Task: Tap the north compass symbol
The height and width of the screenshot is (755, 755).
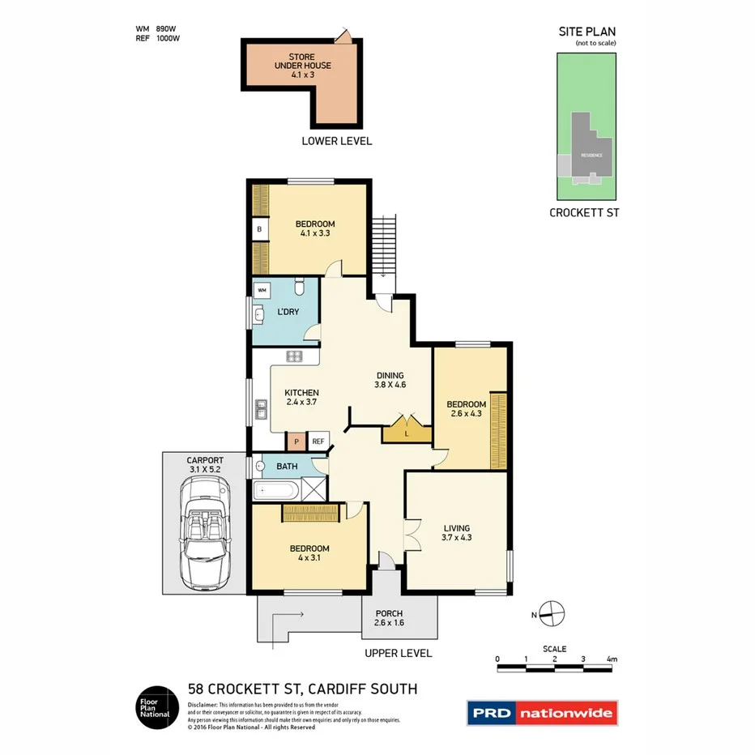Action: [552, 612]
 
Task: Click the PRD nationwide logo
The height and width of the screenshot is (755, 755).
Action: [542, 712]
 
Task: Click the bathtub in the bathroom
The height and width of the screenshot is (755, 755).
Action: [276, 490]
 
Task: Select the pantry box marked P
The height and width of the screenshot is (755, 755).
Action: [296, 441]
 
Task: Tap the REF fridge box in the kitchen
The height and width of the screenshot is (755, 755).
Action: [318, 441]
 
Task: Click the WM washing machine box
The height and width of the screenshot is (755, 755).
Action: [262, 289]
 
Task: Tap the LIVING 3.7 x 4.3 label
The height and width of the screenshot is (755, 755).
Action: [456, 532]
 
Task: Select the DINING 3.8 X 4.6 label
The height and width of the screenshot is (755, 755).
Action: [390, 380]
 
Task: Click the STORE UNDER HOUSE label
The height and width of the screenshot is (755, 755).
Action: [302, 66]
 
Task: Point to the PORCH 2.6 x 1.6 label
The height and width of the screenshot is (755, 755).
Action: [390, 618]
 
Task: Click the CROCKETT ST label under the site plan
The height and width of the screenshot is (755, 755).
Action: [584, 213]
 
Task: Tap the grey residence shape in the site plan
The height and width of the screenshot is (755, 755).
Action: [589, 150]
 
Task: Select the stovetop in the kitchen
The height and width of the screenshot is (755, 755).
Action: [294, 356]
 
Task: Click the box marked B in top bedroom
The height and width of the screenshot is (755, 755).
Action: [259, 230]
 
